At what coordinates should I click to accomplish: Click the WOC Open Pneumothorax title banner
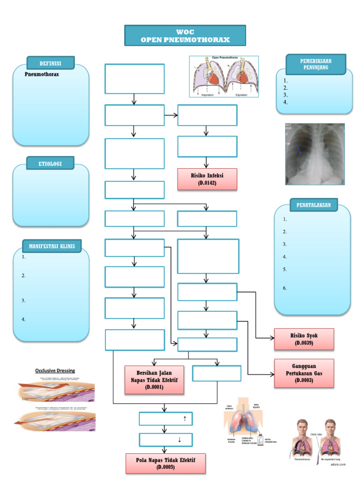pos(185,36)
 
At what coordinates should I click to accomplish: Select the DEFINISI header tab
pos(51,64)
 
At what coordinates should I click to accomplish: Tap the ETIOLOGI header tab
pos(51,163)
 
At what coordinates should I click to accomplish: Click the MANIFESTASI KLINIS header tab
pos(52,246)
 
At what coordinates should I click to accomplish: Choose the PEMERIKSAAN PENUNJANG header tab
pos(315,64)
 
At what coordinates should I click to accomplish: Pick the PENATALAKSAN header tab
pos(314,205)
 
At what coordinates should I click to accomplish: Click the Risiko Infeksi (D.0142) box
pos(207,179)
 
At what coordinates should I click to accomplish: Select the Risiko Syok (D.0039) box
pos(304,339)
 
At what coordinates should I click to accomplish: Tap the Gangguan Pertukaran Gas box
pos(304,373)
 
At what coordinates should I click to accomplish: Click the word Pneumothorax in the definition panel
pos(42,74)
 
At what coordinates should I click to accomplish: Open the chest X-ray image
pos(315,154)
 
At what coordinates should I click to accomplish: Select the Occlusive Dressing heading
pos(55,370)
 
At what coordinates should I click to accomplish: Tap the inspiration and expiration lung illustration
pos(224,76)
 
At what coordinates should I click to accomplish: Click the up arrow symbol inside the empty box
pos(185,419)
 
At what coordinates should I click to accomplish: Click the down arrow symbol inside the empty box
pos(180,440)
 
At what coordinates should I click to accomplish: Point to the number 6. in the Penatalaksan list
pos(285,288)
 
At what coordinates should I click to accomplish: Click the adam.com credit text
pos(340,464)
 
